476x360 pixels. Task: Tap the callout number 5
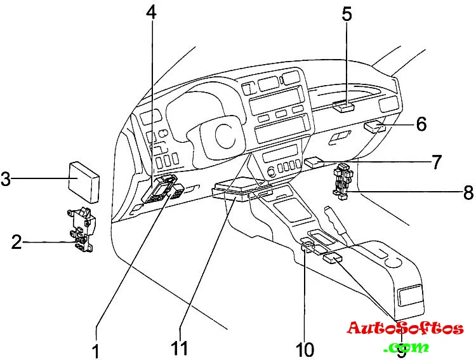(347, 15)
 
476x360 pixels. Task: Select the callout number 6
(421, 124)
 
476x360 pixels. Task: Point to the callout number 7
(436, 162)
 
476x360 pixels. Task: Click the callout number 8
(468, 192)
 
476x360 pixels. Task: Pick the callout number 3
(6, 179)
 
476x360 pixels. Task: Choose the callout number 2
(17, 241)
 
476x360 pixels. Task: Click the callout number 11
(179, 349)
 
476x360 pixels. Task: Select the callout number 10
(305, 349)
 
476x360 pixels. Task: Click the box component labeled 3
(84, 180)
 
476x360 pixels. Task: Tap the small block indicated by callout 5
(343, 105)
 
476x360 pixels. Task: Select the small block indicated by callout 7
(314, 163)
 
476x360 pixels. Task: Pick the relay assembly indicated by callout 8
(341, 182)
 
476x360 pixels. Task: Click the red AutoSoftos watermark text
(405, 329)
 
